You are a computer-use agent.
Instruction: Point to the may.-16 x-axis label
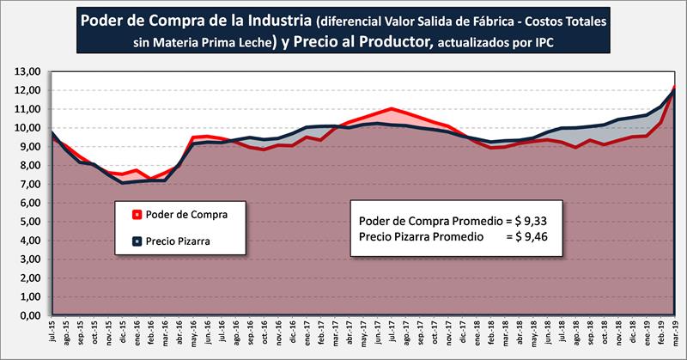coord(194,336)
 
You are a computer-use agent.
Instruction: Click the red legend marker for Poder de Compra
coord(136,214)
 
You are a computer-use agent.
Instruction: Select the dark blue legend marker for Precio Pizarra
coord(136,241)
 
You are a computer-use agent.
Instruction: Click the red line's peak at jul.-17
coord(391,108)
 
